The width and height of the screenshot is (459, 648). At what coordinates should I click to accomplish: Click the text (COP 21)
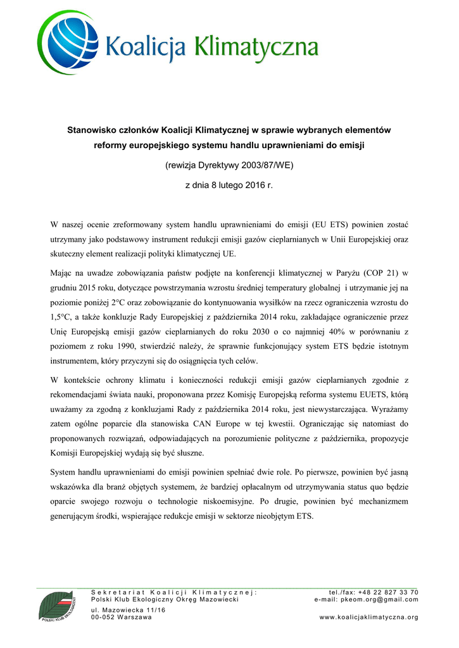(x=380, y=273)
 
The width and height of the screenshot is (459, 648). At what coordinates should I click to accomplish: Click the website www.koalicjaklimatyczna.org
(x=368, y=617)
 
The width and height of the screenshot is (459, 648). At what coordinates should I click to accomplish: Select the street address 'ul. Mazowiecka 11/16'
(x=128, y=609)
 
